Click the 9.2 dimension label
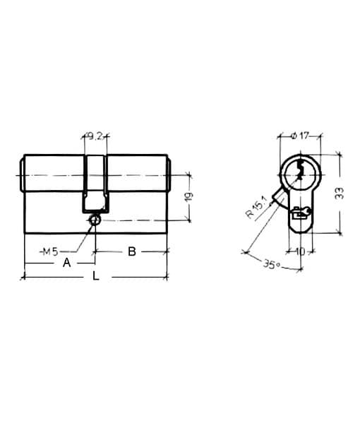[x=95, y=136]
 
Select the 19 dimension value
[x=189, y=196]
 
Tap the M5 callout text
[x=51, y=251]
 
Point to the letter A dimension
[x=66, y=263]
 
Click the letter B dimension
[x=132, y=251]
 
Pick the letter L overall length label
[x=96, y=276]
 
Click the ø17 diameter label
[x=301, y=136]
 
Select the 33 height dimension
[x=340, y=193]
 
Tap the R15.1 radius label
[x=256, y=207]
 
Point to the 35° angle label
[x=272, y=265]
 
